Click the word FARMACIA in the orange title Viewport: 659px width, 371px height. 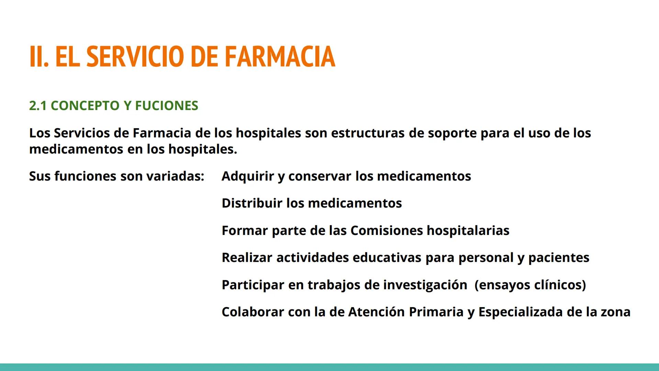click(280, 57)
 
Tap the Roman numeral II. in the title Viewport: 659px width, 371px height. click(39, 57)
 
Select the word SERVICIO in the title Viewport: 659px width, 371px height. click(135, 57)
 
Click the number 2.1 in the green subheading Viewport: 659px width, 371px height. click(38, 106)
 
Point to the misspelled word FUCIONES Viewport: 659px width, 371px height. click(167, 106)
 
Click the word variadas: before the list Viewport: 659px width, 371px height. click(175, 176)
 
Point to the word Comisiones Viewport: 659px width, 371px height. click(386, 231)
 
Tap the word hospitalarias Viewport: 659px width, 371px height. click(468, 231)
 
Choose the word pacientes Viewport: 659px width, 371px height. click(559, 258)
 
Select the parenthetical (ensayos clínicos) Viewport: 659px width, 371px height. click(530, 285)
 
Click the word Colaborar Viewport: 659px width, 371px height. click(253, 312)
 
